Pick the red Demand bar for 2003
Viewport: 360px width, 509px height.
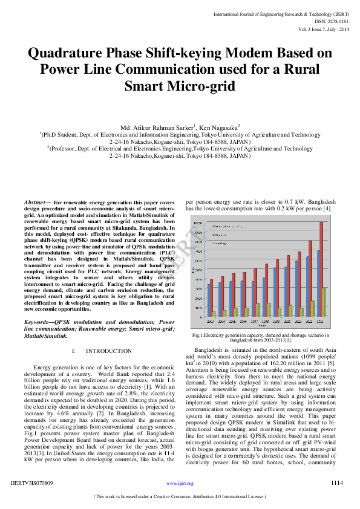coord(211,298)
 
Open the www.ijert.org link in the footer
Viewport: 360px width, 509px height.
coord(180,483)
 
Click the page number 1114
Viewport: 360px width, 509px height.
coord(337,483)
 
